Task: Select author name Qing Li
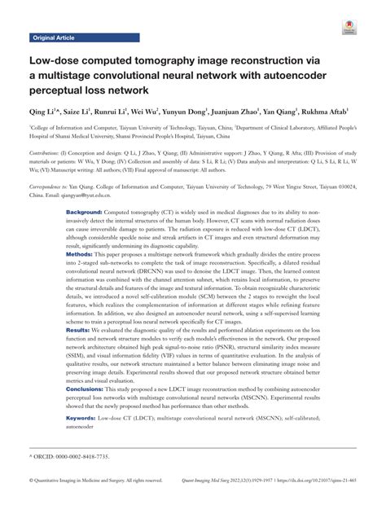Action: pos(45,111)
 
